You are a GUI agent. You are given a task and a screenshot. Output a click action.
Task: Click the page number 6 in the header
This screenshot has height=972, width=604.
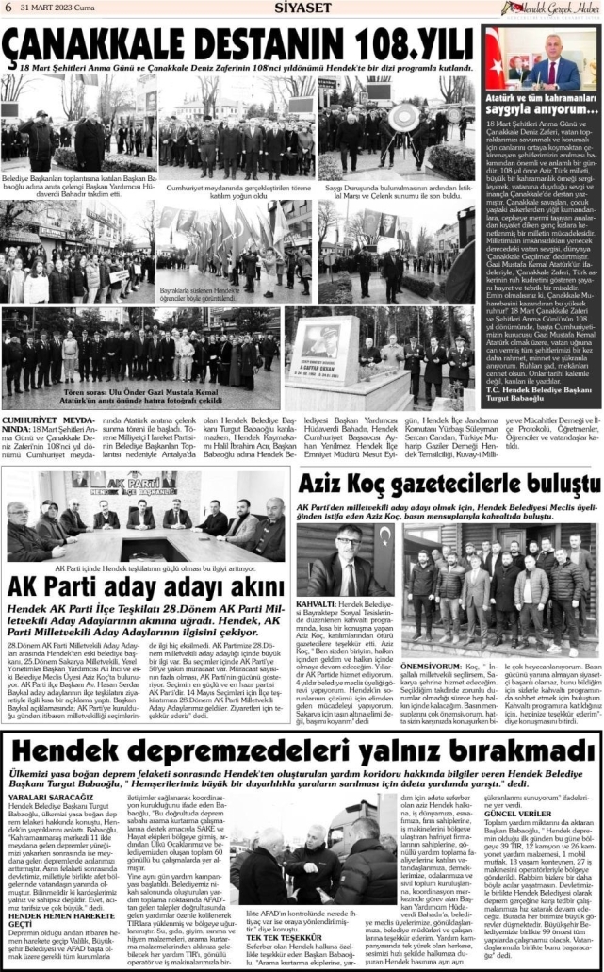point(8,8)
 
